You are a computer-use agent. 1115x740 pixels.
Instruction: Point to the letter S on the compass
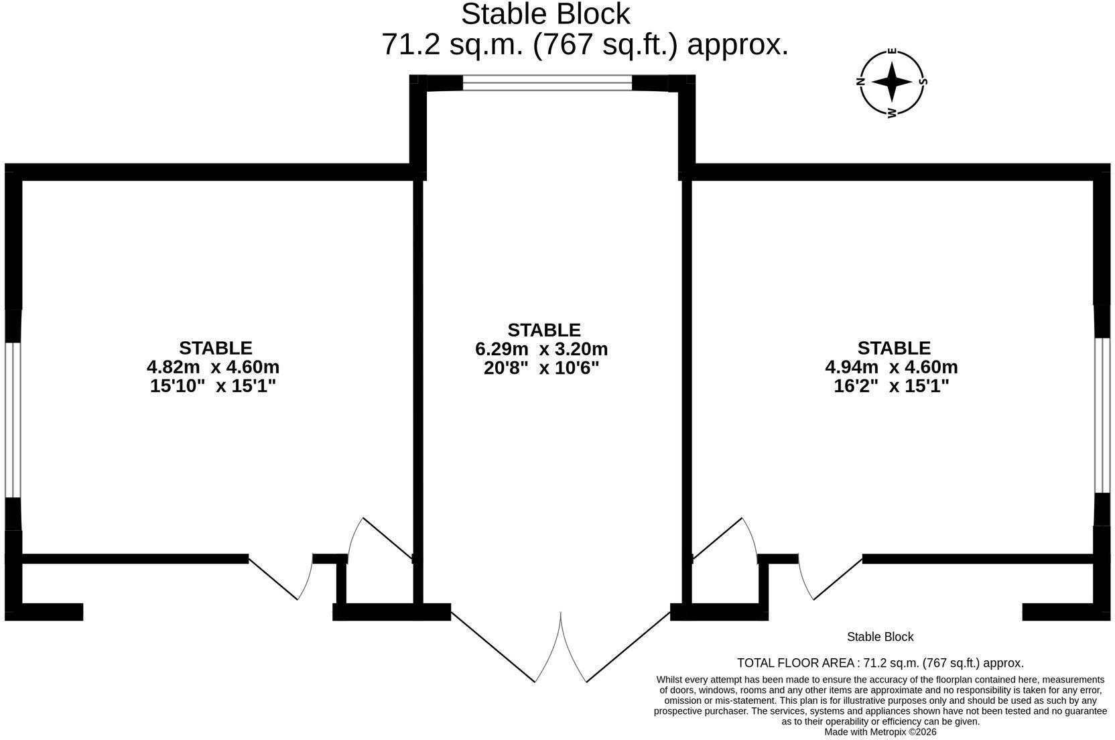pos(923,82)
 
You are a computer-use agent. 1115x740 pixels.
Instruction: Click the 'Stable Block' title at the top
pos(545,14)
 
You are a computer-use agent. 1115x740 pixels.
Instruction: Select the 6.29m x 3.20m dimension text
pos(541,349)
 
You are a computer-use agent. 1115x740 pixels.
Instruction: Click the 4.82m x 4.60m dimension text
pos(213,367)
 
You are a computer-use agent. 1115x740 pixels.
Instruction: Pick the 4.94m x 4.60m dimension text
pos(891,367)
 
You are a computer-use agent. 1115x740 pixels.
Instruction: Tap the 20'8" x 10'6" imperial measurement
pos(541,368)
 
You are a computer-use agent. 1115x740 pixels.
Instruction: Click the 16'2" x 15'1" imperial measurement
pos(891,386)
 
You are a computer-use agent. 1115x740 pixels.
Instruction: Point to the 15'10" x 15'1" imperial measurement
pos(213,386)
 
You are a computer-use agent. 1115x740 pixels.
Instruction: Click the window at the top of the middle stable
pos(547,82)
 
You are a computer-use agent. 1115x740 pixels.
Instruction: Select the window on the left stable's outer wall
pos(13,420)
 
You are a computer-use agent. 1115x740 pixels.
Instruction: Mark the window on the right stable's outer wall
pos(1102,416)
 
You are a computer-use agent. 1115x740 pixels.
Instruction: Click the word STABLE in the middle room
pos(544,330)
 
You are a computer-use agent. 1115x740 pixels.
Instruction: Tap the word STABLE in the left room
pos(216,348)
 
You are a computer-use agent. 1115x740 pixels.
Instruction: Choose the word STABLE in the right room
pos(894,348)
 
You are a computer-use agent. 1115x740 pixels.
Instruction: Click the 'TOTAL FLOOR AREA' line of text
pos(880,663)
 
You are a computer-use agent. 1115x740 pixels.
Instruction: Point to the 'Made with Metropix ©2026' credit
pos(880,732)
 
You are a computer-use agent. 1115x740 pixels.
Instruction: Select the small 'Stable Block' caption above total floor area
pos(880,637)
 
